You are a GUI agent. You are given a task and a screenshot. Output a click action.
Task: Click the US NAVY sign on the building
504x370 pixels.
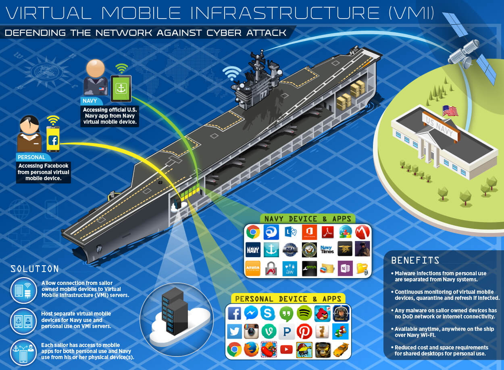pos(440,126)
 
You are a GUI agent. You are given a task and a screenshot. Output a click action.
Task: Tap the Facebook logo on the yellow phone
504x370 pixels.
pos(53,140)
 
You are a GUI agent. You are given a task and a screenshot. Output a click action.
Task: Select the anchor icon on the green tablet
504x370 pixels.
pos(121,88)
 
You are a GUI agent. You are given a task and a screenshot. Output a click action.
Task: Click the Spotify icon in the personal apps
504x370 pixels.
pos(304,313)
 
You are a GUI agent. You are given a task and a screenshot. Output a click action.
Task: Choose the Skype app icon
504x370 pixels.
pos(268,313)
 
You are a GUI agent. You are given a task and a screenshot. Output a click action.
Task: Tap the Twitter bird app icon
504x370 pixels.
pos(234,331)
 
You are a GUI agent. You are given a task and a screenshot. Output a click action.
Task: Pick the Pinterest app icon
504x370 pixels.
pos(304,331)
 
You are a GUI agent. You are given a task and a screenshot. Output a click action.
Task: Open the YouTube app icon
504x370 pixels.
pos(286,349)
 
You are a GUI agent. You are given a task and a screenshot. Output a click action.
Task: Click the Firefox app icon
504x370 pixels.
pos(251,349)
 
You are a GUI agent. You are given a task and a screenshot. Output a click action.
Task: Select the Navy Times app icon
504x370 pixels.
pos(327,249)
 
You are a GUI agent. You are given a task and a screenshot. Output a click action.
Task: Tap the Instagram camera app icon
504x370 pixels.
pos(251,331)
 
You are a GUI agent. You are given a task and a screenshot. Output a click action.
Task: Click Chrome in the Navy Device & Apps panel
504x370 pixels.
pos(253,232)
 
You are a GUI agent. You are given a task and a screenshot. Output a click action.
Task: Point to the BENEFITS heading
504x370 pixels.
pos(415,260)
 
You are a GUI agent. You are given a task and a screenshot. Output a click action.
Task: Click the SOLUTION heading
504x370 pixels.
pos(35,269)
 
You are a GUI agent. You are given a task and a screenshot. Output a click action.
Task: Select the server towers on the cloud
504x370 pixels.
pos(174,311)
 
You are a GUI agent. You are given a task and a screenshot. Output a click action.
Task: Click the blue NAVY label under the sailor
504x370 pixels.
pos(90,101)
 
